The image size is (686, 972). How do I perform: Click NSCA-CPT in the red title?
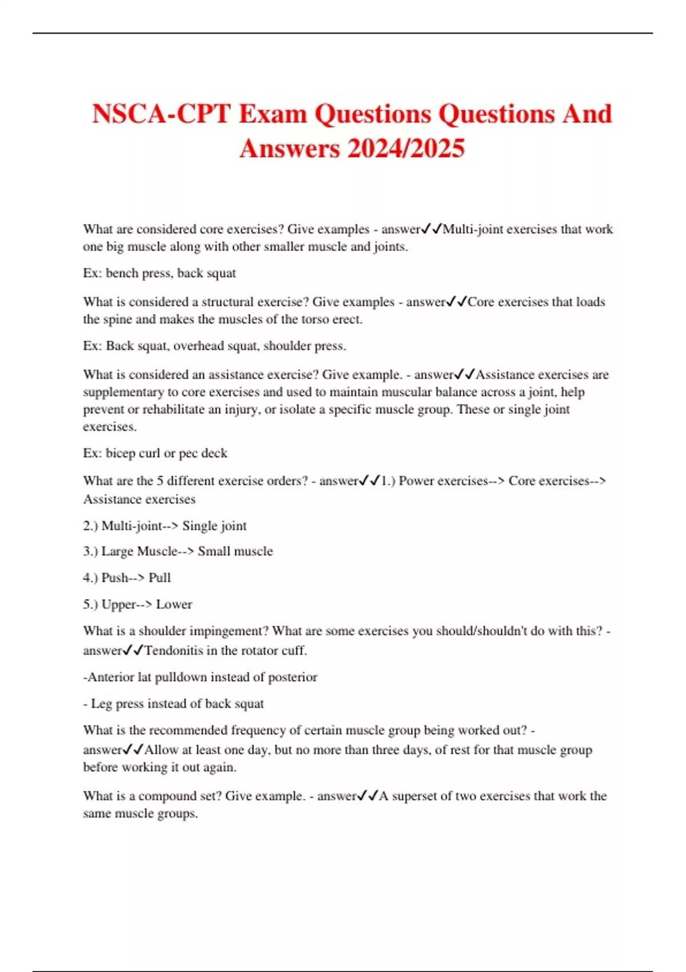pos(161,114)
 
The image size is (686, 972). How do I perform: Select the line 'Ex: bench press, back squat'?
pos(159,273)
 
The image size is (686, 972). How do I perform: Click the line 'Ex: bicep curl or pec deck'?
pos(155,453)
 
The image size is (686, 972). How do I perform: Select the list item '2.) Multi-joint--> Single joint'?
pos(165,526)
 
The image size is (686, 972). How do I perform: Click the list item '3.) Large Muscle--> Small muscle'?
pos(178,551)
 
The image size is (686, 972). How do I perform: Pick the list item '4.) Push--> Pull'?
pos(127,577)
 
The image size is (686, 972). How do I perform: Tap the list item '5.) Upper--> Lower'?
pos(137,604)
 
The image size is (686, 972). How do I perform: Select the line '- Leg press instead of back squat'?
pos(173,704)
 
